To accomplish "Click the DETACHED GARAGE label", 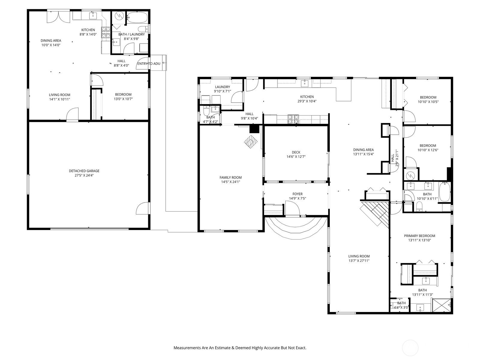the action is [84, 171].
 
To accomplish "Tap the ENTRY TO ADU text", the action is [149, 64].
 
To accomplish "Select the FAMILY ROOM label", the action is [230, 178].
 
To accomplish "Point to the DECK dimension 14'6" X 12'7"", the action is [296, 157].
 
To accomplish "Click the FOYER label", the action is [297, 194].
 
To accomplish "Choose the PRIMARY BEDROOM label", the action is [419, 235].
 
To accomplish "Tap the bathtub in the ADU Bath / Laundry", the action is [137, 17].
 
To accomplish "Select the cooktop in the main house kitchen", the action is [293, 119].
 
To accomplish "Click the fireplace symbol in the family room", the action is [251, 142].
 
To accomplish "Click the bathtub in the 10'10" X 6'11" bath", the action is [444, 192].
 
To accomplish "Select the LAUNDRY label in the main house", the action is [222, 87].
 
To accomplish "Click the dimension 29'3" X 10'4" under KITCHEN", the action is [307, 101].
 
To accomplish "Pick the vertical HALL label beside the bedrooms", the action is [392, 158].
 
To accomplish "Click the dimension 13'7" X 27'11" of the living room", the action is [359, 260].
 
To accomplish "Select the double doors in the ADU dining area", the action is [58, 16].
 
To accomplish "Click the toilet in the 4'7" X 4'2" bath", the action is [206, 112].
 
